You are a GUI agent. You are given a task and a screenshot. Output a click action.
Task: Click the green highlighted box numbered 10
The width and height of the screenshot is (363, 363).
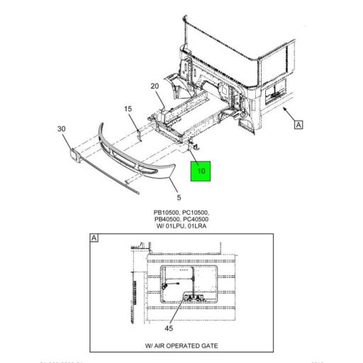pyautogui.click(x=200, y=171)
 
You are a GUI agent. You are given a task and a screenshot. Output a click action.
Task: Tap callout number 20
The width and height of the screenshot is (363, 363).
pyautogui.click(x=155, y=86)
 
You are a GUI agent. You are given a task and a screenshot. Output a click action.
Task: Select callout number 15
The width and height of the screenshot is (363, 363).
pyautogui.click(x=128, y=108)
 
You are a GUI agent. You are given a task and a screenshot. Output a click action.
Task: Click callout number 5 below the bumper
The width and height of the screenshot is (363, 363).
pyautogui.click(x=179, y=197)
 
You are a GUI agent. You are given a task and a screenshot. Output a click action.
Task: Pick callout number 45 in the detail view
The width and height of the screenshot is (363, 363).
pyautogui.click(x=168, y=328)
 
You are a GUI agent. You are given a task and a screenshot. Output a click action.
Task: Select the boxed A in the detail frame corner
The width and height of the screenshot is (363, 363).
pyautogui.click(x=94, y=238)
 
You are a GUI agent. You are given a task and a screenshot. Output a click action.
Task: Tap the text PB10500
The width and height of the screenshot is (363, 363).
pyautogui.click(x=168, y=213)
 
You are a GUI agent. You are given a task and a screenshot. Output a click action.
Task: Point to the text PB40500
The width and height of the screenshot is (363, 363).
pyautogui.click(x=168, y=220)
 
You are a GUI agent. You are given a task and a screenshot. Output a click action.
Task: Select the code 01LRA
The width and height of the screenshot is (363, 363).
pyautogui.click(x=201, y=227)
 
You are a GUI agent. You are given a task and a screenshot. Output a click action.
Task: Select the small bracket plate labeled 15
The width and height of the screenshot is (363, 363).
pyautogui.click(x=140, y=132)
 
